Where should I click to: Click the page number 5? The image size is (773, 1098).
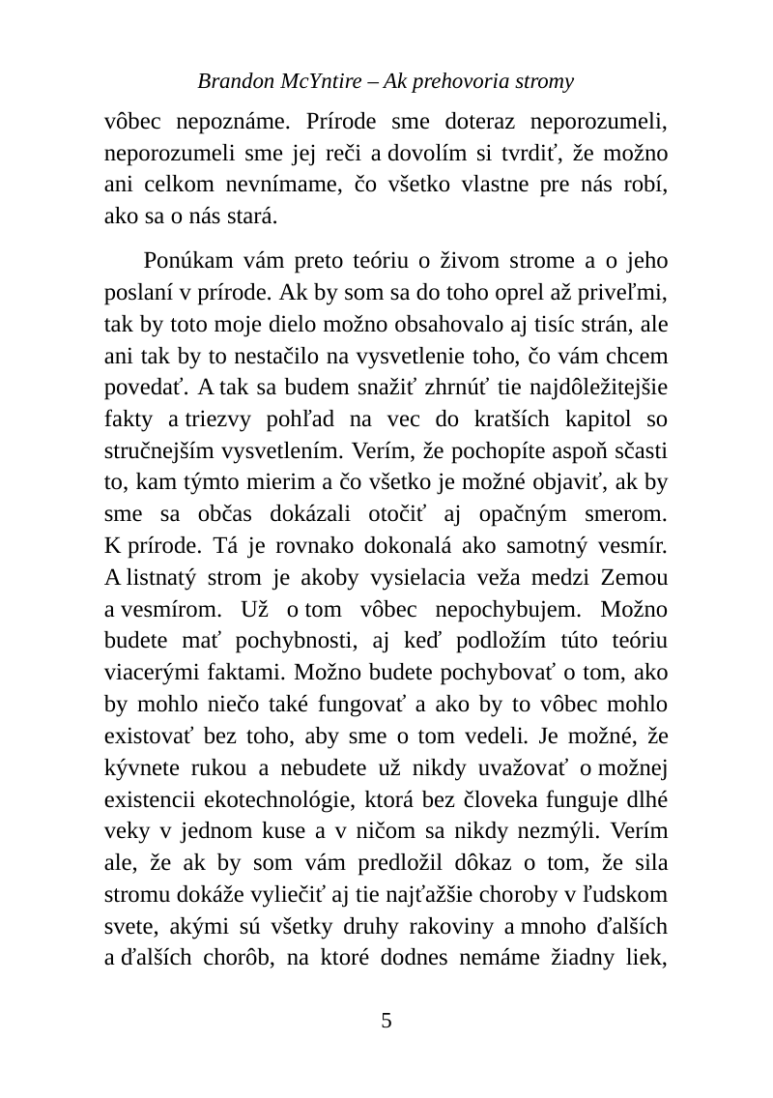(x=386, y=1020)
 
